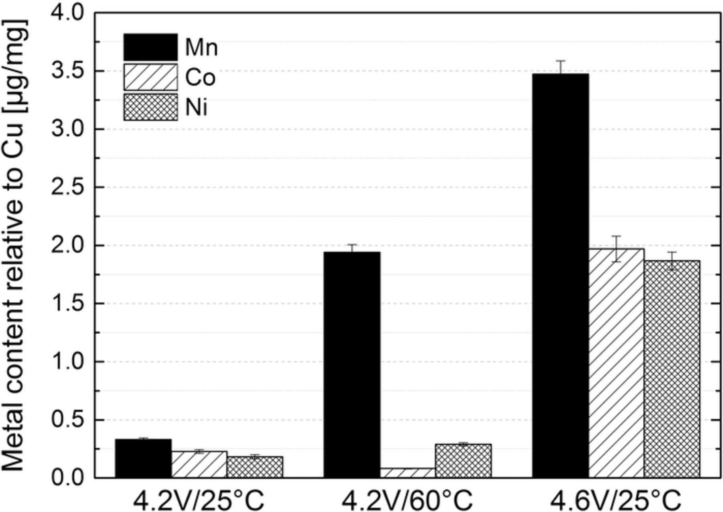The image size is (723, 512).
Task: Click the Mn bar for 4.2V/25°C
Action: coord(143,458)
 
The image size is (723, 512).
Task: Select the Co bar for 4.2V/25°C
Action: coord(199,465)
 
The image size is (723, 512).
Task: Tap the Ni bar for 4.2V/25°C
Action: coord(255,467)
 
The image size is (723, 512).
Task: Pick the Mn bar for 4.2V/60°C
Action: coord(352,365)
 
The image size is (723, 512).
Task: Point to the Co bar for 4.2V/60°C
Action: coord(407,473)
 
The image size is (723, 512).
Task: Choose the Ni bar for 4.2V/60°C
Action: coord(463,461)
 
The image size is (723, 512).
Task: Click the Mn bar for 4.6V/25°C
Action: coord(560,275)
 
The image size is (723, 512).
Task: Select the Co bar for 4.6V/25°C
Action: coord(616,363)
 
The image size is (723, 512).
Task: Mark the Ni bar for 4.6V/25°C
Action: coord(672,369)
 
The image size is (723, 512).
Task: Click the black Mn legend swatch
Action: coord(151,47)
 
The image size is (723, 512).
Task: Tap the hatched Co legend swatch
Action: coord(151,77)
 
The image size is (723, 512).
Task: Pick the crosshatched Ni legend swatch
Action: coord(151,107)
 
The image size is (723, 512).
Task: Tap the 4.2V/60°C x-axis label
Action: coord(407,500)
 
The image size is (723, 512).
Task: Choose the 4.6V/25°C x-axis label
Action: coord(616,500)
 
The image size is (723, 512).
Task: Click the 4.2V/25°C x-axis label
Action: coord(199,500)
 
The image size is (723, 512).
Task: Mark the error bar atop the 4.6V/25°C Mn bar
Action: coord(560,67)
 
